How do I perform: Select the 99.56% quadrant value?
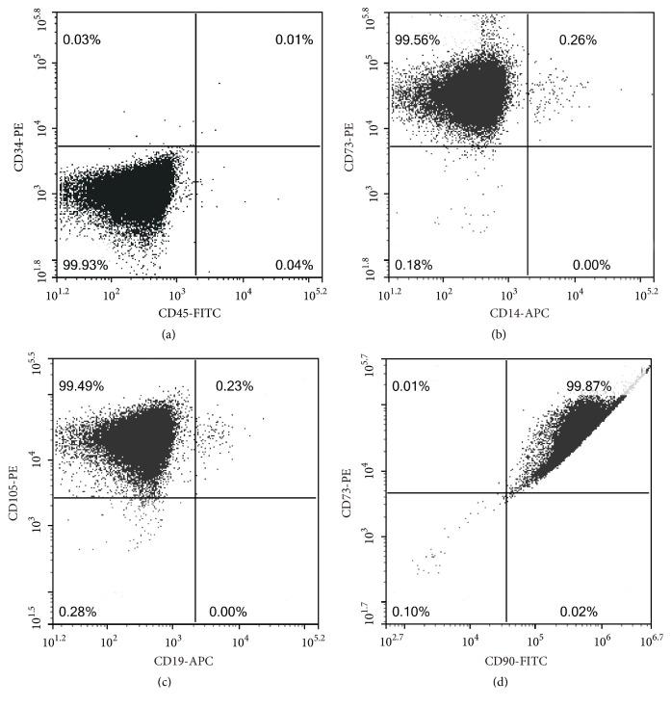click(x=415, y=40)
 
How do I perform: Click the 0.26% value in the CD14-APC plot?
click(x=578, y=40)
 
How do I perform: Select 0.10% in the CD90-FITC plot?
click(x=411, y=612)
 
